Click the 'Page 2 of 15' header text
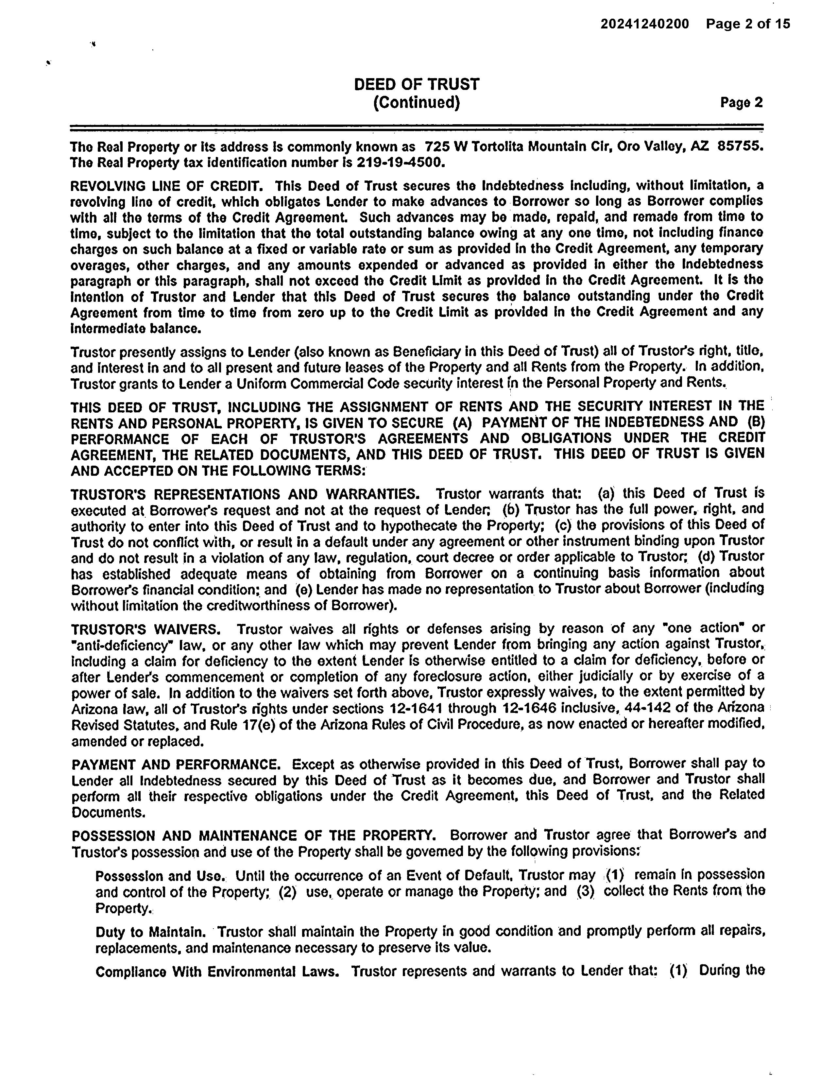click(x=748, y=24)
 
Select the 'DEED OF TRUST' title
click(x=417, y=84)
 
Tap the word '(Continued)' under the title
click(x=417, y=103)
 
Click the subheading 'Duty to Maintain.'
click(x=150, y=932)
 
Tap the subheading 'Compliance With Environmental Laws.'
click(x=217, y=971)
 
